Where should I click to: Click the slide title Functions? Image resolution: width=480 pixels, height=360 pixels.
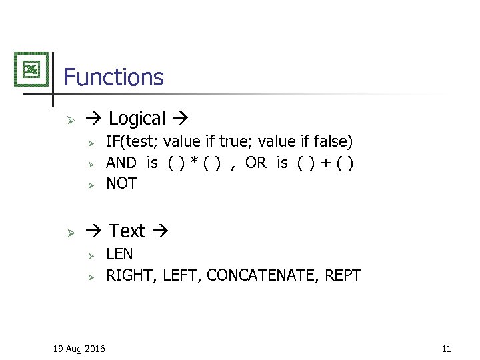click(x=113, y=77)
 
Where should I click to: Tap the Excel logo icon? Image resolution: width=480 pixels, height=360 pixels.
click(x=31, y=69)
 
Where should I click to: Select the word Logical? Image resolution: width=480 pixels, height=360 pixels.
click(x=137, y=119)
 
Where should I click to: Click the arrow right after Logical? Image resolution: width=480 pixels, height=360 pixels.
click(x=179, y=119)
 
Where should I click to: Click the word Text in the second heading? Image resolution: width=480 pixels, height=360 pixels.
click(x=127, y=231)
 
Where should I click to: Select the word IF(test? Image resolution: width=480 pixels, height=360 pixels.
click(x=132, y=141)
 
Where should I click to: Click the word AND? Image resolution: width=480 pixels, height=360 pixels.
click(x=121, y=163)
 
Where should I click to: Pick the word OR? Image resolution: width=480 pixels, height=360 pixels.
click(x=255, y=163)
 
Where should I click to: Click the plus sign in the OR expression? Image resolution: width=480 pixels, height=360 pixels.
click(x=323, y=163)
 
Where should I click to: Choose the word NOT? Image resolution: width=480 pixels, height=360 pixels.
click(x=121, y=183)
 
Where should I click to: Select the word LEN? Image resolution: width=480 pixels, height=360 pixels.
click(x=119, y=254)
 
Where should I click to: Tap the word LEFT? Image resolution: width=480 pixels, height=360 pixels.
click(x=182, y=275)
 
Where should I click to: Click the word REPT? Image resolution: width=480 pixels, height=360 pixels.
click(x=343, y=275)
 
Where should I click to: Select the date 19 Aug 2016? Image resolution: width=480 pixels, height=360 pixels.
click(x=79, y=348)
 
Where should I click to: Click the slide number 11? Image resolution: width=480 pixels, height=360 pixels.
click(x=446, y=348)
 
